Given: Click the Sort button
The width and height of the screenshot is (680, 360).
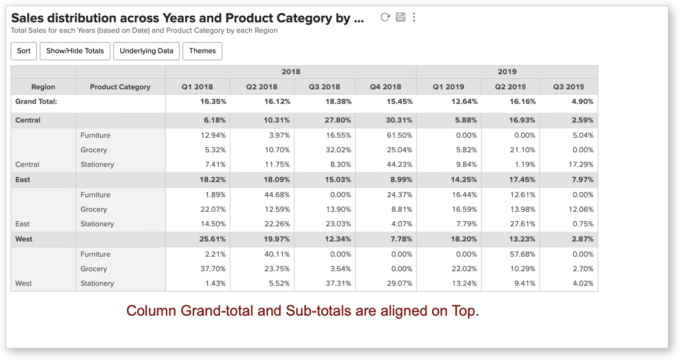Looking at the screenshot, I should (24, 51).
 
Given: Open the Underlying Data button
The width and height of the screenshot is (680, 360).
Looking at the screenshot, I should (146, 51).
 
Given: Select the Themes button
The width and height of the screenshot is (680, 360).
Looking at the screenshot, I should (202, 51).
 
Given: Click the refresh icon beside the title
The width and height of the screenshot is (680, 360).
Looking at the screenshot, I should (385, 17).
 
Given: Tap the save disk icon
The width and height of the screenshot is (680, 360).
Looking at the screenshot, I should (400, 17).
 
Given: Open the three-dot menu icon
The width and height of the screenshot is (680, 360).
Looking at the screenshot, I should (414, 17).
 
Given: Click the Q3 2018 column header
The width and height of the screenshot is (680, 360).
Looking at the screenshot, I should (325, 87).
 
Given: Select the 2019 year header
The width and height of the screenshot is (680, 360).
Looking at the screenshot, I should (507, 72).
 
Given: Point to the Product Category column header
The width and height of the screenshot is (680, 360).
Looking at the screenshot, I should (120, 87).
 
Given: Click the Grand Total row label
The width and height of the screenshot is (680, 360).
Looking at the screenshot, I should (36, 102).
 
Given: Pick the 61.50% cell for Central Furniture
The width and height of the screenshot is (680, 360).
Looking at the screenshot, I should (399, 135).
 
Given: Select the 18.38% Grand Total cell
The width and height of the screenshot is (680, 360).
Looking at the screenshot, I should (338, 102).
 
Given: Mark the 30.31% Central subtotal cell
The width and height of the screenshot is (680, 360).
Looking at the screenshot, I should (399, 120).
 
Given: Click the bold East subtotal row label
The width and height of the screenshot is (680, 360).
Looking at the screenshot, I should (23, 180).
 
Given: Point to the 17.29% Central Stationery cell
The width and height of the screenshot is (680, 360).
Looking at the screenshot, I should (581, 165).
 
